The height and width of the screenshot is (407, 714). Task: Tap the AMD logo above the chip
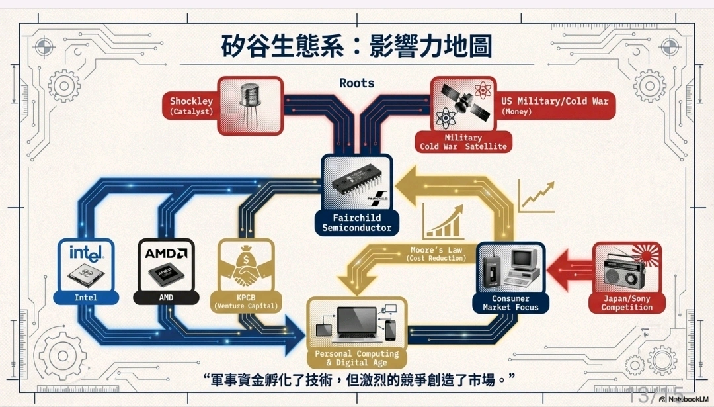click(166, 253)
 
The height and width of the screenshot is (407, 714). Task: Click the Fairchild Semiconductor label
click(357, 222)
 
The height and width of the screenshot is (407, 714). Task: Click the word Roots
click(357, 83)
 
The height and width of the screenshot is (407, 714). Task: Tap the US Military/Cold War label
click(554, 105)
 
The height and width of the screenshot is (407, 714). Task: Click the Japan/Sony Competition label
click(626, 303)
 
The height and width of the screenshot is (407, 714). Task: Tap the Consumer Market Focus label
click(510, 303)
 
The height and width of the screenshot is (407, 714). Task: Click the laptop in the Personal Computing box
click(358, 324)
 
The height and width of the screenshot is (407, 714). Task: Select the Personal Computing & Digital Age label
click(357, 358)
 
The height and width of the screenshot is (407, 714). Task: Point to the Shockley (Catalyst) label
click(191, 105)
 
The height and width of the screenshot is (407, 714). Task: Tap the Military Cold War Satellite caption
click(463, 142)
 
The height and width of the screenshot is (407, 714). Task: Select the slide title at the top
click(357, 47)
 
